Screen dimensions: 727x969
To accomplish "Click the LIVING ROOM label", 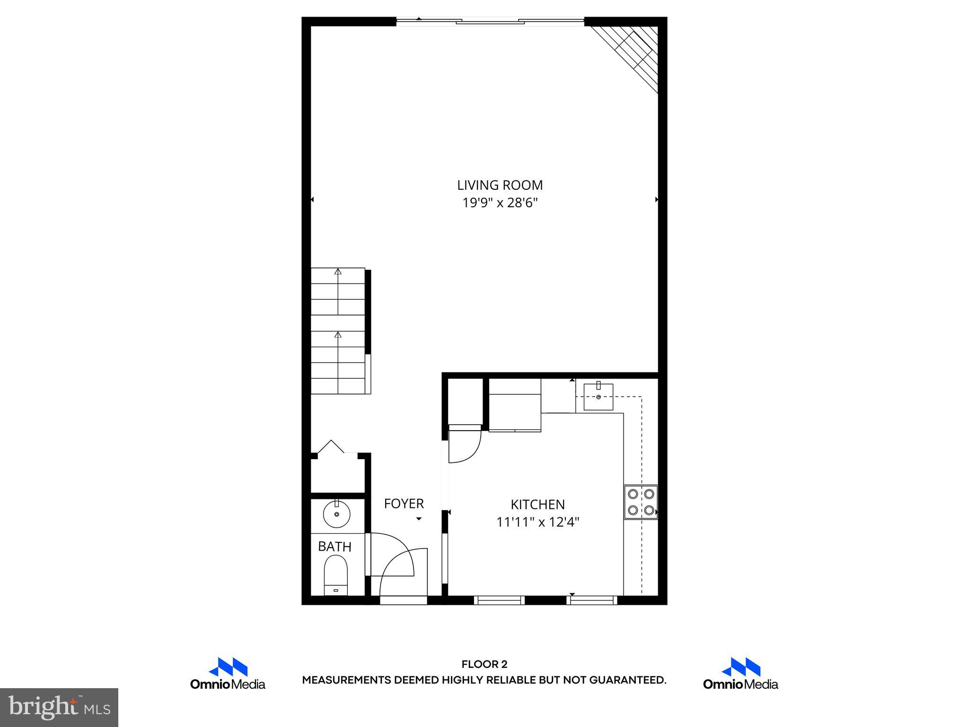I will (500, 185).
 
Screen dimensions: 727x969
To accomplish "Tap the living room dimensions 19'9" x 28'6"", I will (500, 203).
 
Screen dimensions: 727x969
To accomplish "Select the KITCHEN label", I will (537, 505).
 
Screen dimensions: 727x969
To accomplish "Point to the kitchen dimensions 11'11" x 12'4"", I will (537, 522).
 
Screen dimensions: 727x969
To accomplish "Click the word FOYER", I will (404, 504).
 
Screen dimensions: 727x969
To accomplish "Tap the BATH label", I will (335, 547).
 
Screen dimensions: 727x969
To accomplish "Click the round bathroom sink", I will (336, 514).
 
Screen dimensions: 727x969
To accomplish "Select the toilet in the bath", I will (336, 575).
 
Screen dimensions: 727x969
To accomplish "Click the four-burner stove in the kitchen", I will (641, 502).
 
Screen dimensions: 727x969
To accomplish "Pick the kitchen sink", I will (598, 397).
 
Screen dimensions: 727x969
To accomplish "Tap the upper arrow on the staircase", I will (338, 272).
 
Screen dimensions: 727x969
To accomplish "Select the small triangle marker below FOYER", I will (419, 519).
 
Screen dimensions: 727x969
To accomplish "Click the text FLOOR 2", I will (484, 665).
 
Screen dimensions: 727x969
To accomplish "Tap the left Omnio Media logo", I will (228, 674).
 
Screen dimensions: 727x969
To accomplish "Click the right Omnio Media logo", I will (740, 674).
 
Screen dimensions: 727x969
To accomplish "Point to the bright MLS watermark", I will (59, 707).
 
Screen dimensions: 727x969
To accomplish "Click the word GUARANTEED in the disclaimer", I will (627, 680).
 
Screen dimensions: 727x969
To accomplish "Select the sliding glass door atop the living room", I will (490, 21).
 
